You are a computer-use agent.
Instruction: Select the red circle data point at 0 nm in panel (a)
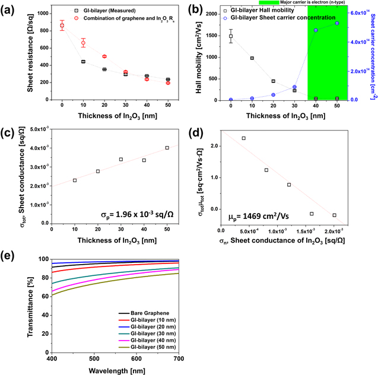(x=62, y=26)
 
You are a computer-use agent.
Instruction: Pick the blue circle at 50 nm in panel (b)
(x=337, y=23)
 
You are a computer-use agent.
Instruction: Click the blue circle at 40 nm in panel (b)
(x=316, y=30)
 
